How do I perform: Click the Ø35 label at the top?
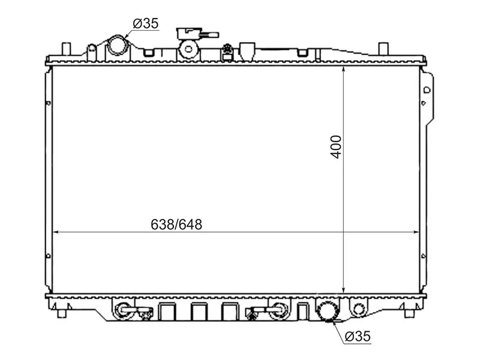point(145,23)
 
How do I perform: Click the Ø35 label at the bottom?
point(358,337)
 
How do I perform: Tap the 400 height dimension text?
point(337,146)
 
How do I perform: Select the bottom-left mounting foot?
point(62,311)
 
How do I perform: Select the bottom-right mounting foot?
point(409,311)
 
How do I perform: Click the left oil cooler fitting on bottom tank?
point(123,310)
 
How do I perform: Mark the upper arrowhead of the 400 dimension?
point(343,69)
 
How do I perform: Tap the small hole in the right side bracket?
point(427,90)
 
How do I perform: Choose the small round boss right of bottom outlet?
point(358,310)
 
